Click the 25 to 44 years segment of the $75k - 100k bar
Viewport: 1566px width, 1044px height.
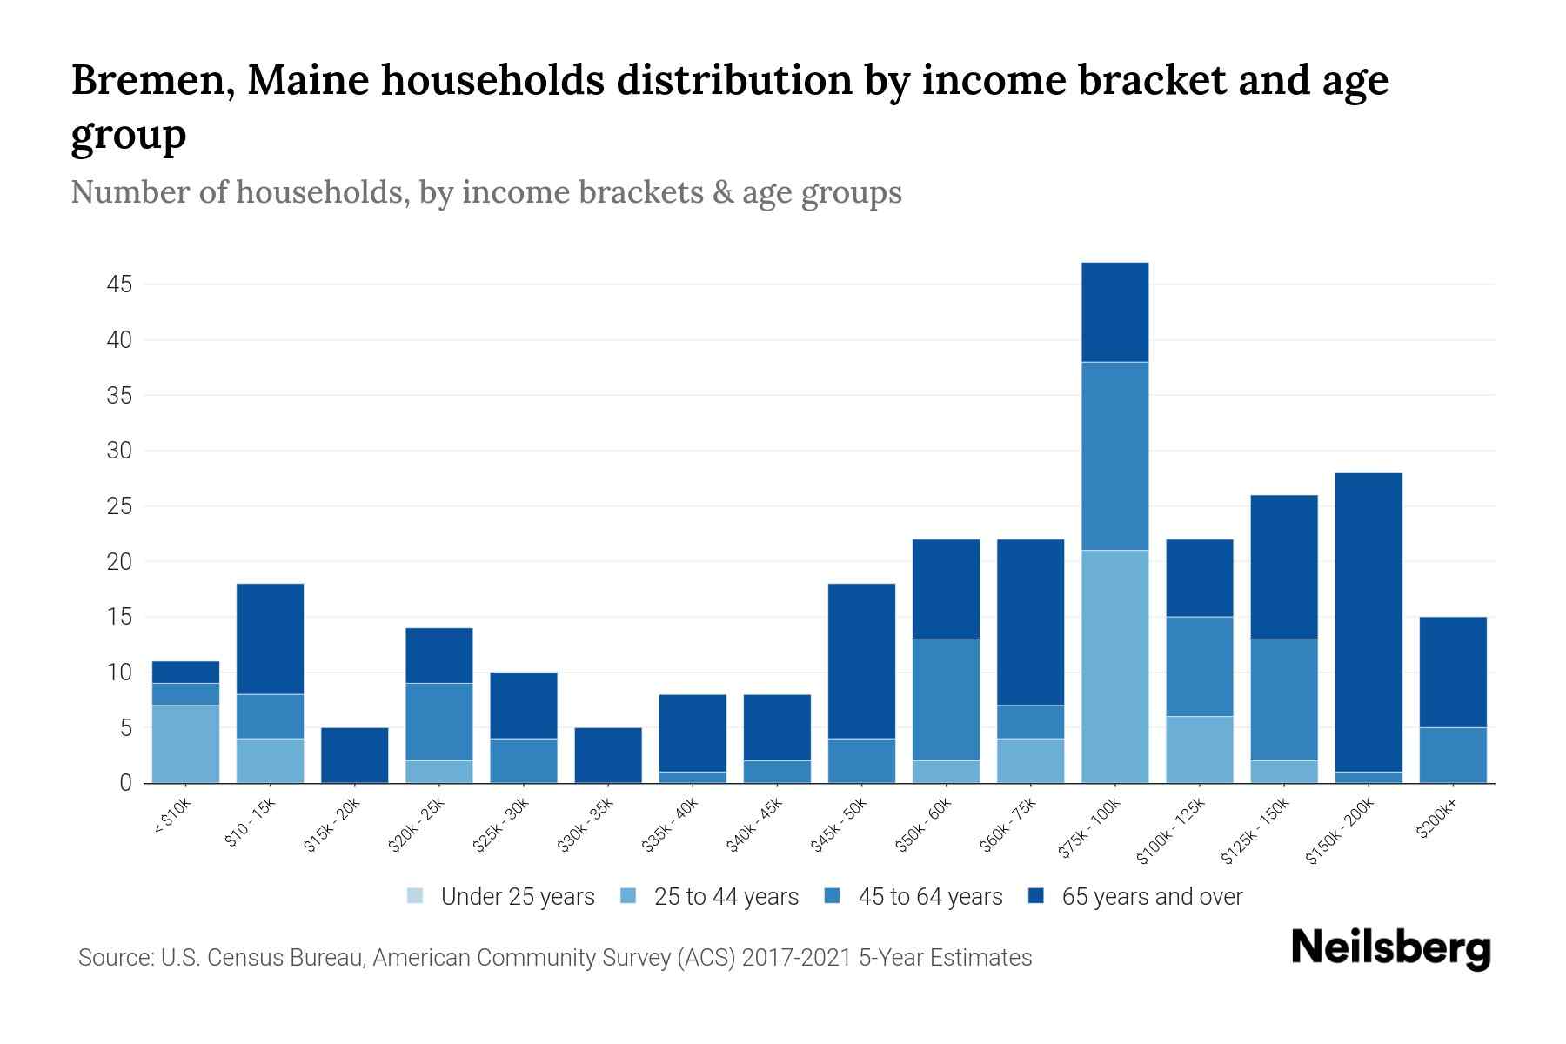pyautogui.click(x=1114, y=666)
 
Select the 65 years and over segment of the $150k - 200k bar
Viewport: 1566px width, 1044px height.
pyautogui.click(x=1369, y=622)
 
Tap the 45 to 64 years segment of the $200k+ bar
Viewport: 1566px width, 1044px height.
pyautogui.click(x=1453, y=755)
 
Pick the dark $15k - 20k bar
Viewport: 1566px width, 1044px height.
pyautogui.click(x=354, y=755)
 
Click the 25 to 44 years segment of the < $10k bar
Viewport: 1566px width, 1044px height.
pyautogui.click(x=185, y=744)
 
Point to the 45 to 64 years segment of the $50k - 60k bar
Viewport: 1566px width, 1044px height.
pyautogui.click(x=946, y=699)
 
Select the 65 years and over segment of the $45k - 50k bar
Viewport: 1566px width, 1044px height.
pyautogui.click(x=861, y=661)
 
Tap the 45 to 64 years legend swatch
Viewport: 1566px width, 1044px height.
pyautogui.click(x=832, y=896)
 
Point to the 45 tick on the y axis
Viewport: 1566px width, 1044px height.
pyautogui.click(x=120, y=284)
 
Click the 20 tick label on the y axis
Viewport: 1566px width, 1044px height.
pyautogui.click(x=120, y=562)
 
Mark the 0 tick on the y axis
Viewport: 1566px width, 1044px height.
pyautogui.click(x=126, y=783)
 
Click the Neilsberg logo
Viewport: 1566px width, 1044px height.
pyautogui.click(x=1390, y=948)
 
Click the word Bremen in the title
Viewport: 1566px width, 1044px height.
pyautogui.click(x=151, y=80)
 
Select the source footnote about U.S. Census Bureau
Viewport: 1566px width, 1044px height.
pyautogui.click(x=555, y=958)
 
